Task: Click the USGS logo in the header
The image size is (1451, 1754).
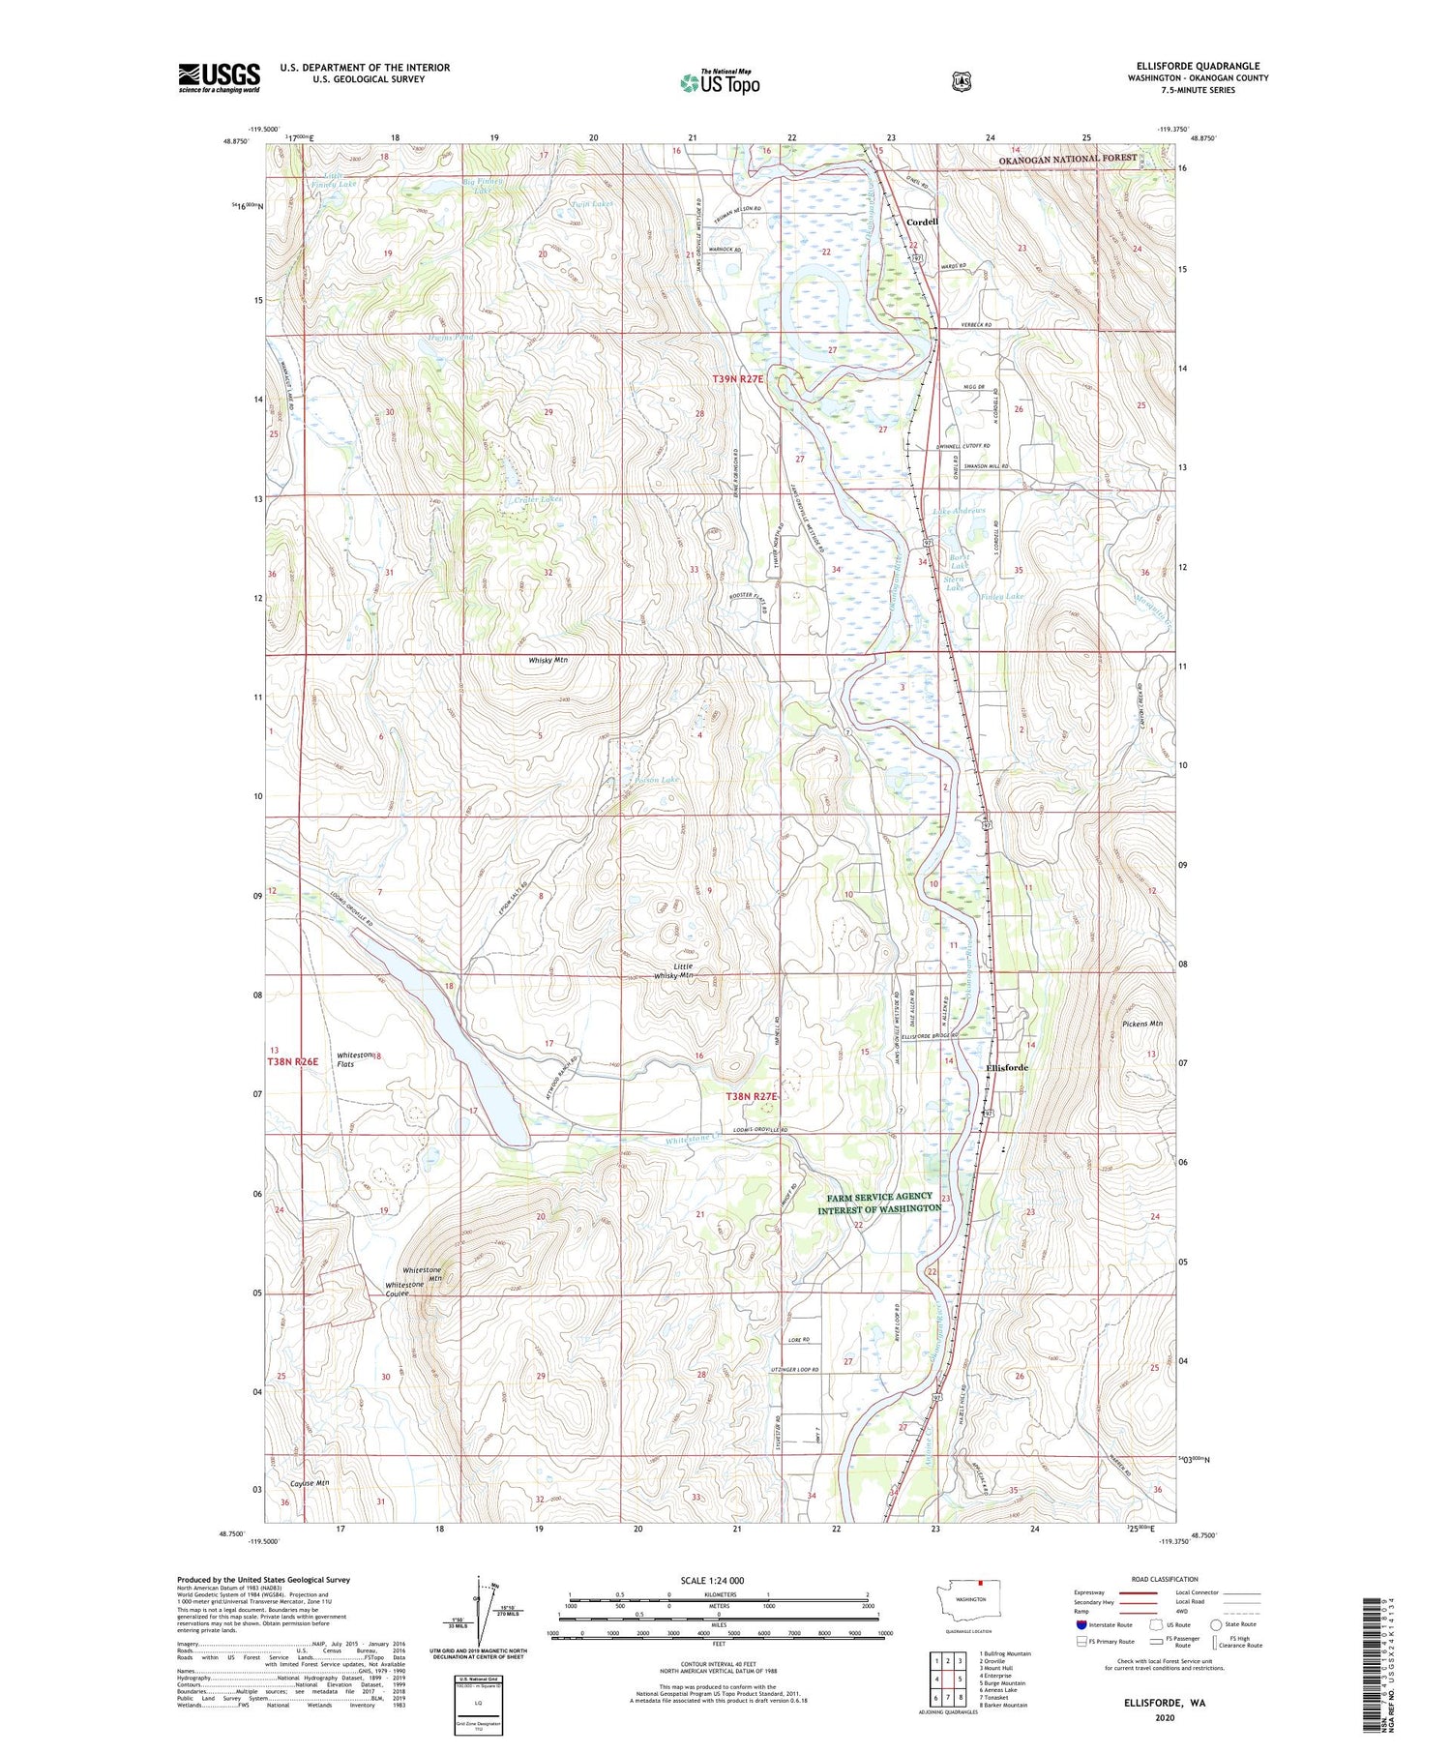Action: pos(219,77)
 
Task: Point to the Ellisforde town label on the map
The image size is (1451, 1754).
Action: pos(1007,1067)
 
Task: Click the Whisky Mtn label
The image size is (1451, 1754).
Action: pos(548,660)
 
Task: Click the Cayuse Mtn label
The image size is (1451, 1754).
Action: pos(310,1483)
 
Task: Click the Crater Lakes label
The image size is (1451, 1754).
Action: pos(538,499)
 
